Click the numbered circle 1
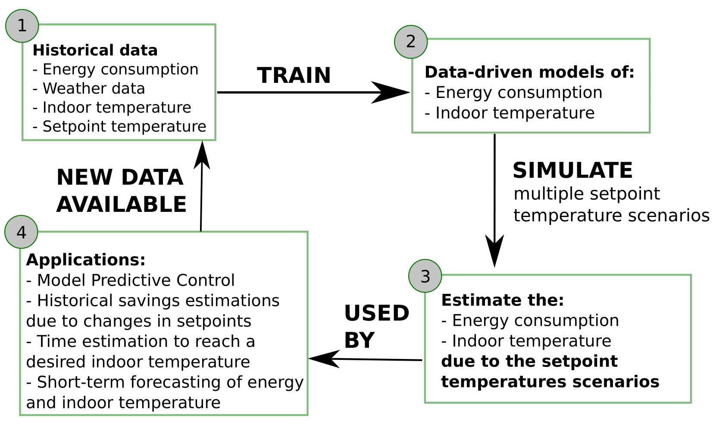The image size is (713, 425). [22, 26]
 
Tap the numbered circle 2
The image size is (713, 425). [411, 41]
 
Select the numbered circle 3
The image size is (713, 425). [425, 276]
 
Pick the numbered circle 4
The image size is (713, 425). [21, 232]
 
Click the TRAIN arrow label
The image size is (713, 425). [294, 76]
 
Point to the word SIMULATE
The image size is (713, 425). [572, 170]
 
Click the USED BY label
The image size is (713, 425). [376, 326]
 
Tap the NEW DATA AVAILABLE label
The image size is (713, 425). [121, 191]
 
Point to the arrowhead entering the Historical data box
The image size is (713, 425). [202, 154]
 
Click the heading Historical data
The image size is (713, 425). [95, 50]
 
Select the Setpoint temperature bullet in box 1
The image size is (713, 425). [119, 126]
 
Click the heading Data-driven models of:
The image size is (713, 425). [529, 72]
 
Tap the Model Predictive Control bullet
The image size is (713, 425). [130, 280]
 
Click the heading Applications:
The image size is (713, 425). [86, 260]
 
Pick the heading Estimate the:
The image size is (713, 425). [503, 300]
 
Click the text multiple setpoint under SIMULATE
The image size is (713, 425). [587, 194]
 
